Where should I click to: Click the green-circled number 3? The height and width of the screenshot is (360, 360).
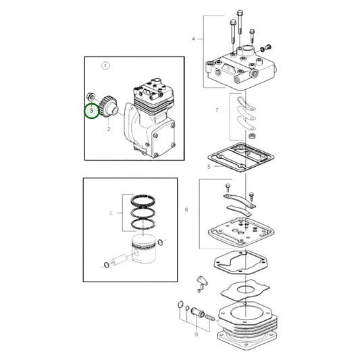tap(90, 110)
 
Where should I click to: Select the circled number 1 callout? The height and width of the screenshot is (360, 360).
tap(105, 66)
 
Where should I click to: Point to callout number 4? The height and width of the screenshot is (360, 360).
tap(193, 39)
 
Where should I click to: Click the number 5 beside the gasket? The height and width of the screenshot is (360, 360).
tap(190, 165)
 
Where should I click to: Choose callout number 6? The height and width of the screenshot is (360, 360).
tap(186, 210)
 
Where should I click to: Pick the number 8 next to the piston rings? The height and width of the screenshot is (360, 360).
tap(111, 213)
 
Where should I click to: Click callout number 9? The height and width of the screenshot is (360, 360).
tap(196, 334)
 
